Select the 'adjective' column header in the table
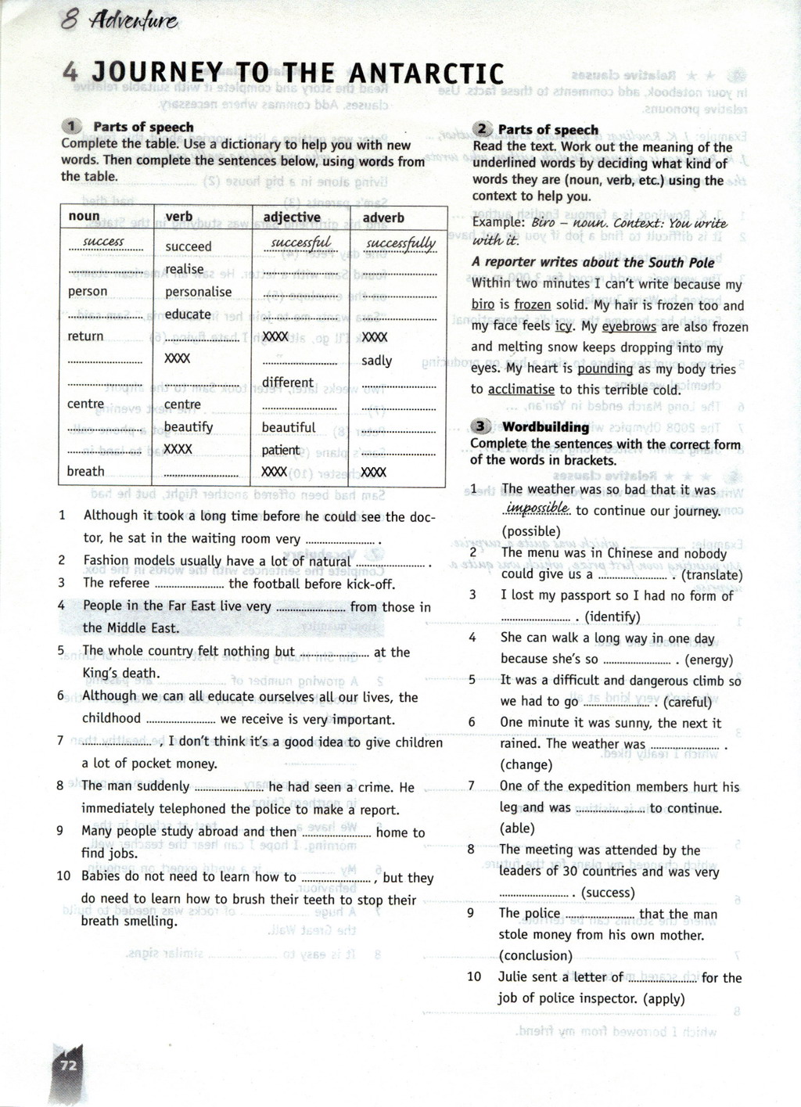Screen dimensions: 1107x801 (292, 217)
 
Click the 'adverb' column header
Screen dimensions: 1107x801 (383, 217)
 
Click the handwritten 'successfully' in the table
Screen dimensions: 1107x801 (400, 243)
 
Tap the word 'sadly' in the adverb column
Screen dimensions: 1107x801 (376, 361)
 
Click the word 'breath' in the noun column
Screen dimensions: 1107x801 (85, 471)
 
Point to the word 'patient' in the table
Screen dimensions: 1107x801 (281, 450)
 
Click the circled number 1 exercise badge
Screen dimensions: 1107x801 (72, 127)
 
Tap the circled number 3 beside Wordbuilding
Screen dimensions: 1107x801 (481, 426)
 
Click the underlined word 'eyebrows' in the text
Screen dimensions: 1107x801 (628, 327)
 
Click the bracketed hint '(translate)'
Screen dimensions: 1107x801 (712, 575)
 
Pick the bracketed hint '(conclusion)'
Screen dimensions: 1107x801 (536, 955)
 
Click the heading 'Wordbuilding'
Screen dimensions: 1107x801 (545, 427)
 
